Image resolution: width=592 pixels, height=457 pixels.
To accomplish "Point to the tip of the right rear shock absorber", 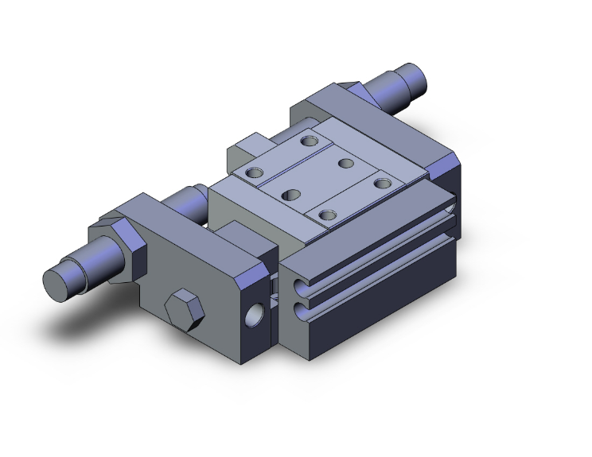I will coord(419,77).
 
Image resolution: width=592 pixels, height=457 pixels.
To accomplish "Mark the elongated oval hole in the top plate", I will coord(291,194).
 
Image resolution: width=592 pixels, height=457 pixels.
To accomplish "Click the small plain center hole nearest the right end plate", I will coord(345,163).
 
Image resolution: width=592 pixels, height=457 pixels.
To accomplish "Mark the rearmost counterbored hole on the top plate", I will coord(309,141).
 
